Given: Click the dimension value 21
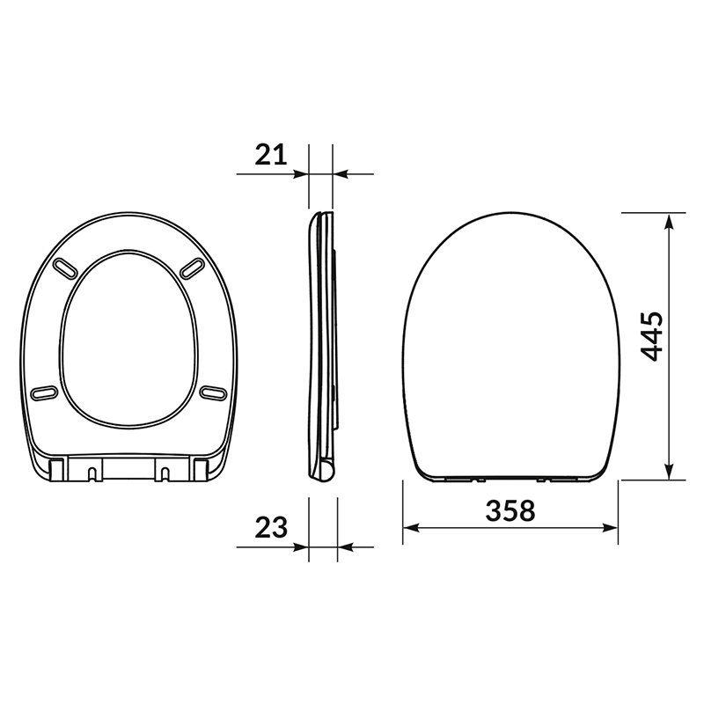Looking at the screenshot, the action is point(271,155).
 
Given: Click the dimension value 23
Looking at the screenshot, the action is point(271,527).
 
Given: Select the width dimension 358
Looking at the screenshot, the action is point(510,510).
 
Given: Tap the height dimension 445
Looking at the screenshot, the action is point(651,336).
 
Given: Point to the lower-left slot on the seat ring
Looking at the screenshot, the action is point(44,392).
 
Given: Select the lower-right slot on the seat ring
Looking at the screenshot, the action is point(213,392).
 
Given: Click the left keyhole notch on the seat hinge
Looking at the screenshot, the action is point(92,473).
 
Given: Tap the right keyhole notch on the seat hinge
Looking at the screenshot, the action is point(165,473).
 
